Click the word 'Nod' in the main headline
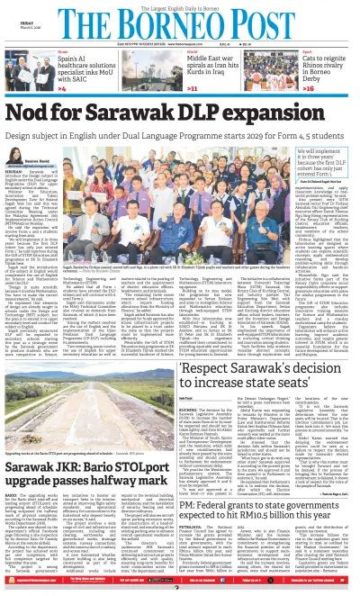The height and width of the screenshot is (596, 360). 29,109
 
